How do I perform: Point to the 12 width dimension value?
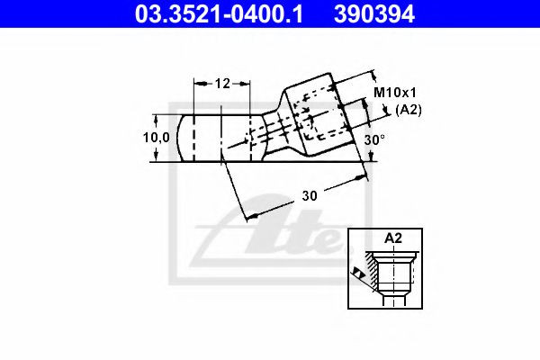pos(222,84)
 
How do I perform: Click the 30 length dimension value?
pos(309,195)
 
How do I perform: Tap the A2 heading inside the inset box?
pos(392,238)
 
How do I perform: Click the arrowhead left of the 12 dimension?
pos(199,84)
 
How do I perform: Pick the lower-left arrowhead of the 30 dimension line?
pos(251,214)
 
